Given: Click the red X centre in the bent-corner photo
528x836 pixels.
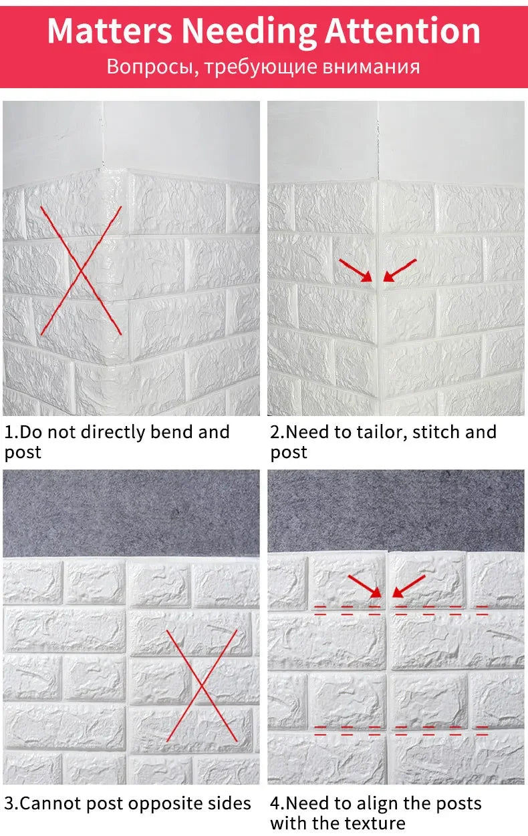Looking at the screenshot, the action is pyautogui.click(x=81, y=270).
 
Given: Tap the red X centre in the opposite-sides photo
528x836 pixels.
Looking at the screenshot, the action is pyautogui.click(x=202, y=685).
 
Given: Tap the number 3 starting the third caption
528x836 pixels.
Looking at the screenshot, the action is pyautogui.click(x=9, y=803).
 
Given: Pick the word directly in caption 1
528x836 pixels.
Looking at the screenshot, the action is pyautogui.click(x=113, y=433).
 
